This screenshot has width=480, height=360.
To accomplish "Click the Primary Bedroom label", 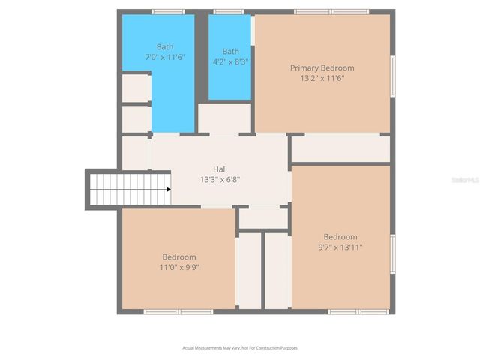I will [322, 67].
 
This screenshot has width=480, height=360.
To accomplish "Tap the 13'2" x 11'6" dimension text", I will [322, 78].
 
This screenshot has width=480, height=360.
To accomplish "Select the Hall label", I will [220, 169].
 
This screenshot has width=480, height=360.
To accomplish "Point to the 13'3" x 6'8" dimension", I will [220, 180].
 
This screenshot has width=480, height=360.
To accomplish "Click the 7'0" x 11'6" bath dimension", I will [164, 57].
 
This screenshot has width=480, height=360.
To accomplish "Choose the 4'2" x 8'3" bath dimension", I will [230, 61].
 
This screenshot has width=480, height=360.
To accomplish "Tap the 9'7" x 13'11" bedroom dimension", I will [340, 247].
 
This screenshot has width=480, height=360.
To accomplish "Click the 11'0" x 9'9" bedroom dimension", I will [179, 267].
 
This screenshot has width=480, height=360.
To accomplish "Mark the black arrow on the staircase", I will [169, 190].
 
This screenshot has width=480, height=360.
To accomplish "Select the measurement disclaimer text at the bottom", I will [240, 347].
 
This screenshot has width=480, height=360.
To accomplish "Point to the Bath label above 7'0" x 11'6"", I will [164, 46].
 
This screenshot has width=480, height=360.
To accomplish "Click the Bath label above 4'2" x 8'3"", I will [230, 52].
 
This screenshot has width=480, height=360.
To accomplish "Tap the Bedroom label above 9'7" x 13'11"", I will [340, 236].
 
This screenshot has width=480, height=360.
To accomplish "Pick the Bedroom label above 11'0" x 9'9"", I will [179, 256].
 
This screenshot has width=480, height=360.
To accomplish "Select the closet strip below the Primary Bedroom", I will [340, 148].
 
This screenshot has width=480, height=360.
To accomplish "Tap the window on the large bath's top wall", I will [168, 12].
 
